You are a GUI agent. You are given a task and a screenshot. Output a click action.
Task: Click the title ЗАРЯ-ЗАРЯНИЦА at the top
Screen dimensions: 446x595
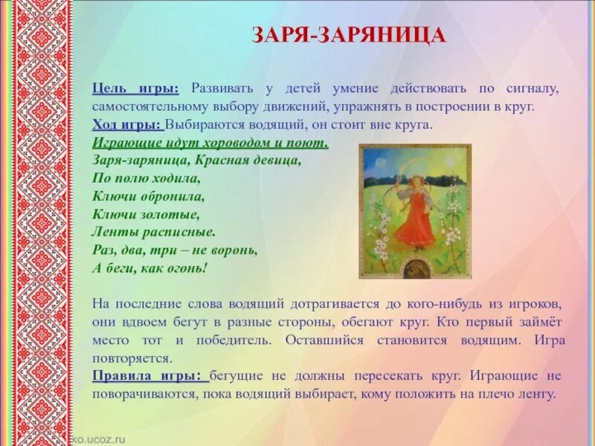pyautogui.click(x=349, y=35)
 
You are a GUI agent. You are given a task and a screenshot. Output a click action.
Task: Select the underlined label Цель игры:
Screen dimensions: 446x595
pyautogui.click(x=135, y=89)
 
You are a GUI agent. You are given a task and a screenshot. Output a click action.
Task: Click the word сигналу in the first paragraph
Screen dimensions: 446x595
pyautogui.click(x=533, y=89)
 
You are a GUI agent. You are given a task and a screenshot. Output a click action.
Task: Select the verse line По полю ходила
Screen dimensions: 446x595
pyautogui.click(x=146, y=178)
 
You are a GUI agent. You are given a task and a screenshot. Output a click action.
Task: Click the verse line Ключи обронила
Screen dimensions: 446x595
pyautogui.click(x=148, y=197)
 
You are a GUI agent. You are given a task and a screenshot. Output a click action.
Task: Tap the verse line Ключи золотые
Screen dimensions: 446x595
pyautogui.click(x=146, y=215)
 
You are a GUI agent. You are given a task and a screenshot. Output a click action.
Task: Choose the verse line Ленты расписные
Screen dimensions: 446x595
pyautogui.click(x=154, y=233)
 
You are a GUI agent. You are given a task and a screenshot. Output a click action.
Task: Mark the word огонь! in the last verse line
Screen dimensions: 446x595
pyautogui.click(x=184, y=268)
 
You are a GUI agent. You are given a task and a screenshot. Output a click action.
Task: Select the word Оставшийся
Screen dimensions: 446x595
pyautogui.click(x=325, y=340)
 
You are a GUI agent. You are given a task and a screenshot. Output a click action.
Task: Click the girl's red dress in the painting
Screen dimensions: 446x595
pyautogui.click(x=414, y=222)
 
